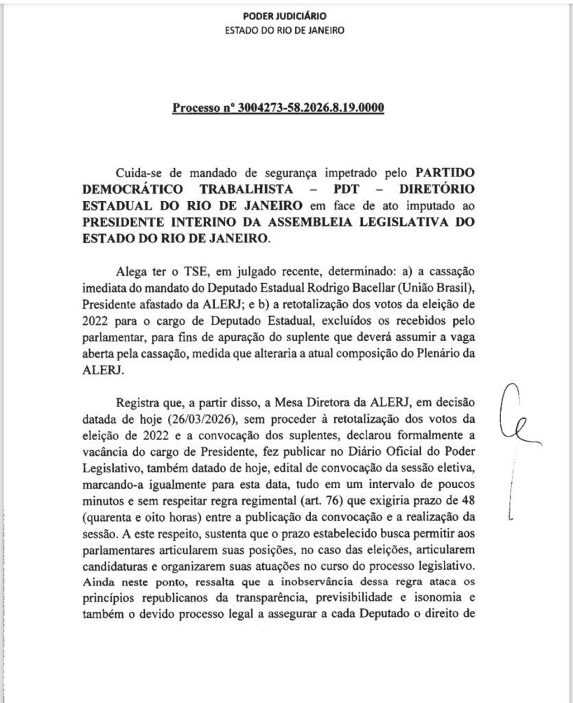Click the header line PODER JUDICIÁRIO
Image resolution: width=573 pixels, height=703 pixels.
(x=285, y=16)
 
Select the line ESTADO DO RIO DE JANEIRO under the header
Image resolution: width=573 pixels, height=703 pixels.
(x=285, y=31)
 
